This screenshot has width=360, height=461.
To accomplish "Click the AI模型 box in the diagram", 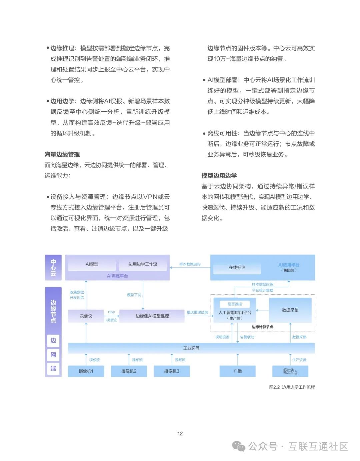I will coord(92,264).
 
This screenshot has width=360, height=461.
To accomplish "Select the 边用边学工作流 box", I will coord(143,264).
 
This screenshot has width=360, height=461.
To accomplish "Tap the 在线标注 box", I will coord(237,268).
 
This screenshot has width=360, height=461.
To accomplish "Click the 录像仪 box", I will coord(86,316).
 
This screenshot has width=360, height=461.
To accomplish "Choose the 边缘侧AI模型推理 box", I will coord(152,316).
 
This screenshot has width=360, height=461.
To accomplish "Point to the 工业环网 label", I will coord(191,348).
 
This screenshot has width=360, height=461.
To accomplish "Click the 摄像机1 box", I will coord(86,371).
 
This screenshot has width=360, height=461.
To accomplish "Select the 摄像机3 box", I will coord(172,371).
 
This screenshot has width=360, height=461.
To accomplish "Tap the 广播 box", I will coord(238,371).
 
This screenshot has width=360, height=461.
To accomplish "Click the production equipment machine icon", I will coord(290,371).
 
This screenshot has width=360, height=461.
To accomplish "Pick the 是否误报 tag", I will coord(235,304).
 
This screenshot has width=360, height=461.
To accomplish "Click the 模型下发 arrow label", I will coord(134,295).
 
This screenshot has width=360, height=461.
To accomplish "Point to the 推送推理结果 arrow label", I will coord(197,312).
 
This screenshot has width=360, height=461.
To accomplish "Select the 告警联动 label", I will coord(247,337).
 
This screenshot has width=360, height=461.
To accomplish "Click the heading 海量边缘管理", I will coord(62,154).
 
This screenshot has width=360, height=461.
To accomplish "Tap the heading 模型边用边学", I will coord(219,176).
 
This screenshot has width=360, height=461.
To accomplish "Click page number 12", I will coord(180,433).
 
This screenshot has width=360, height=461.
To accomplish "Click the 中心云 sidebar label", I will coord(53,268).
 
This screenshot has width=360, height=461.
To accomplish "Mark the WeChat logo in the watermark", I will coord(239,446).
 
